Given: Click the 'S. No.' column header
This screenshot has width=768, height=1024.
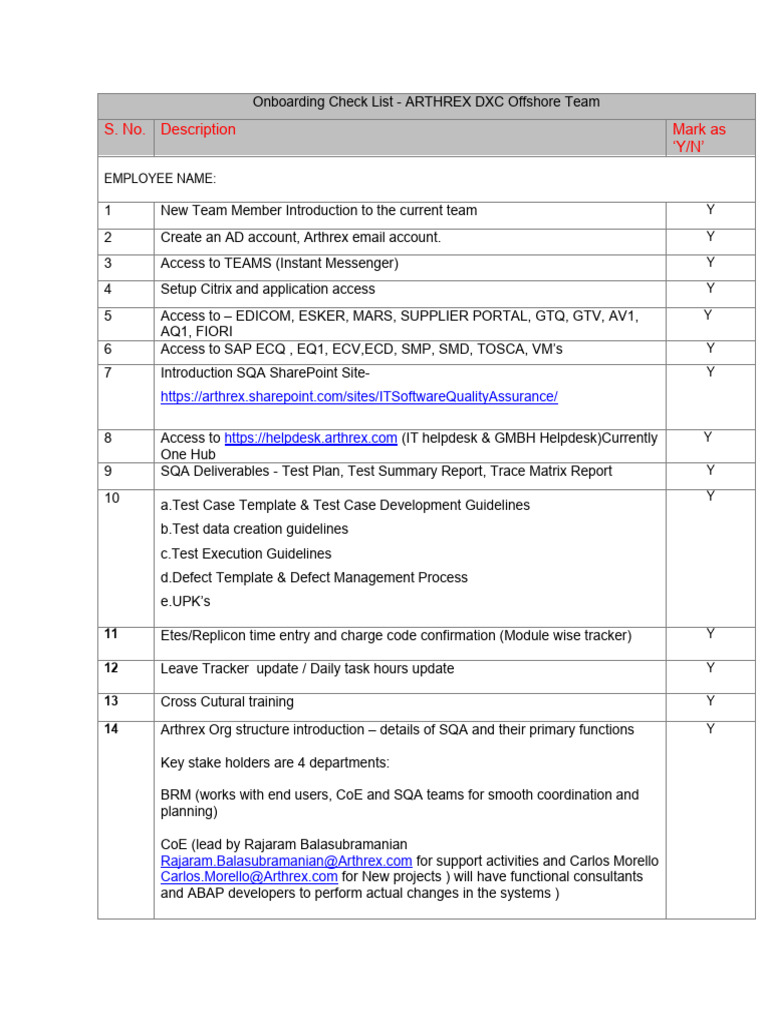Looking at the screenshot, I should pos(125,129).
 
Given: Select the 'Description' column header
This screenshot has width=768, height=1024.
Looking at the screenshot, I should pos(198,129).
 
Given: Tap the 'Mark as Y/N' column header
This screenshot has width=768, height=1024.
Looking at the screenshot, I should pos(699,138).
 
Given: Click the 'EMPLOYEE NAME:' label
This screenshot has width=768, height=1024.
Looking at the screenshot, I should pos(160,178).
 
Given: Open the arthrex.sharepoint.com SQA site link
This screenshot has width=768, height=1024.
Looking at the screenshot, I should pos(359,397).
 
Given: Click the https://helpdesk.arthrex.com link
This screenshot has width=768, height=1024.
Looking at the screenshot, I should pos(311,438).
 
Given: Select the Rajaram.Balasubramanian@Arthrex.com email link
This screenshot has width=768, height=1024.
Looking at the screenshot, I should pos(286,861).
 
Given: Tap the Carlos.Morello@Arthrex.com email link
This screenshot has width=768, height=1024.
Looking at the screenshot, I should pos(249,877).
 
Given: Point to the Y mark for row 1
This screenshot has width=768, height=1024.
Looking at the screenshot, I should pos(710,210).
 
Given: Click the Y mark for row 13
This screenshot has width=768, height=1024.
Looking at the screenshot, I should pos(710,701).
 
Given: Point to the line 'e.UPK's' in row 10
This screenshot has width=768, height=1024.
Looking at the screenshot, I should pos(186,602).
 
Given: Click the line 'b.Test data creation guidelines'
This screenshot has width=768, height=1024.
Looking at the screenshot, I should pos(254,529).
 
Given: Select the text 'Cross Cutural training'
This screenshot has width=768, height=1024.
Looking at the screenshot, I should pos(227,702).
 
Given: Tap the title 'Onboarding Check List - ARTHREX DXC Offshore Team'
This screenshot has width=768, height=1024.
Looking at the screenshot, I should pos(426,102).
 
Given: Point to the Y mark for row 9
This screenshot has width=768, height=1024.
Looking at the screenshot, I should pos(710,470).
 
